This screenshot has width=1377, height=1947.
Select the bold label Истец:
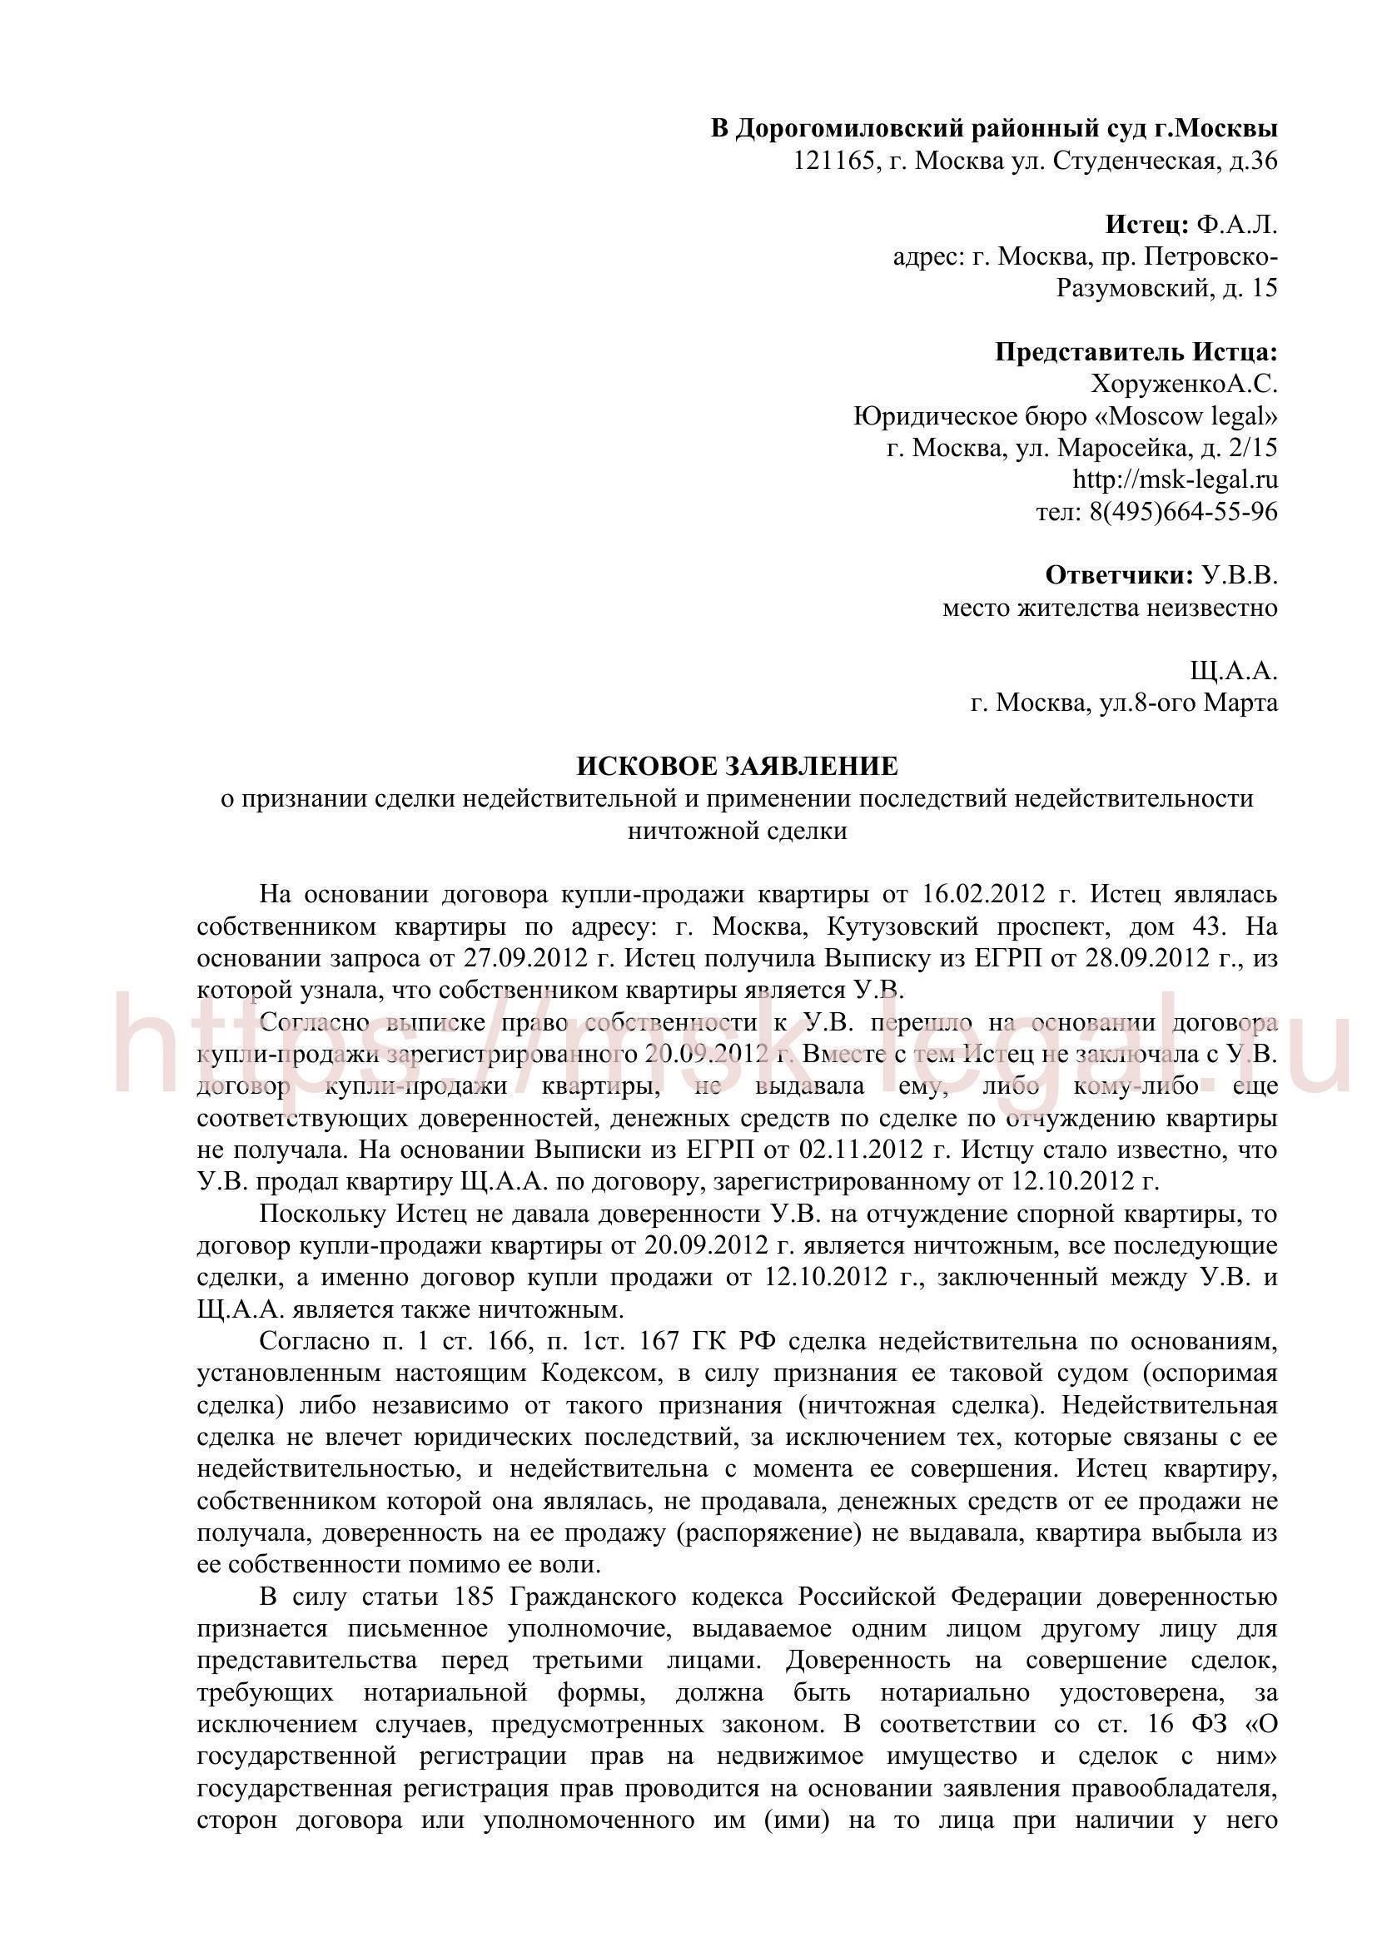[x=1147, y=225]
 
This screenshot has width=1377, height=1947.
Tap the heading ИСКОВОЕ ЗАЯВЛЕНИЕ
[x=737, y=767]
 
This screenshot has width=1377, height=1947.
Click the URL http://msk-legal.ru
[x=1176, y=480]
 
